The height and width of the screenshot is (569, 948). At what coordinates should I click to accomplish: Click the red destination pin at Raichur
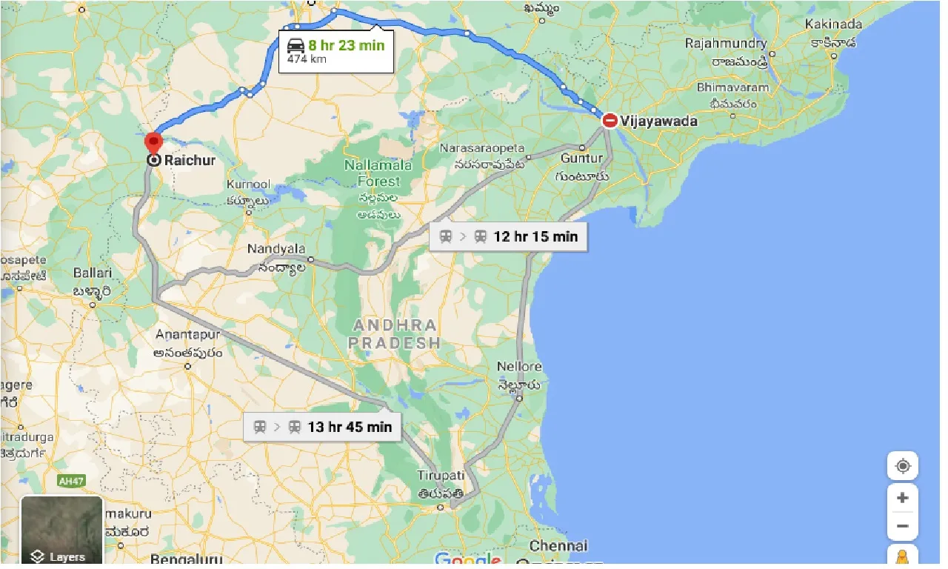(x=153, y=142)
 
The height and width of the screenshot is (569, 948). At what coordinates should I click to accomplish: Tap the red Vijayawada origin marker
(x=610, y=120)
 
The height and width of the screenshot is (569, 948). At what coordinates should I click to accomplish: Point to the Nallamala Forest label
(x=378, y=172)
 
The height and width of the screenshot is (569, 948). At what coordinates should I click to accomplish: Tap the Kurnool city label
(x=249, y=184)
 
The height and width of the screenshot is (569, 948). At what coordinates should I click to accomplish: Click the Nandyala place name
(x=276, y=249)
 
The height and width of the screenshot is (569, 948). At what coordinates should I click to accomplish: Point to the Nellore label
(x=520, y=367)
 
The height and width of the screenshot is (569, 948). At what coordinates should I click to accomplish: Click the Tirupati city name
(x=440, y=475)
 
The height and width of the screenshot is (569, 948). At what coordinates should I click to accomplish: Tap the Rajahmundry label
(x=726, y=44)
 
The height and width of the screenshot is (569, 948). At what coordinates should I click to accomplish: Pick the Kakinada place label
(x=833, y=25)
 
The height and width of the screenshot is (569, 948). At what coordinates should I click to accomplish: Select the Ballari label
(x=93, y=273)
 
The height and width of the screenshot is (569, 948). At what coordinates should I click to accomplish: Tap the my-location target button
(x=902, y=466)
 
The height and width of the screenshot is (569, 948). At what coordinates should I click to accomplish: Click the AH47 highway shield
(x=72, y=482)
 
